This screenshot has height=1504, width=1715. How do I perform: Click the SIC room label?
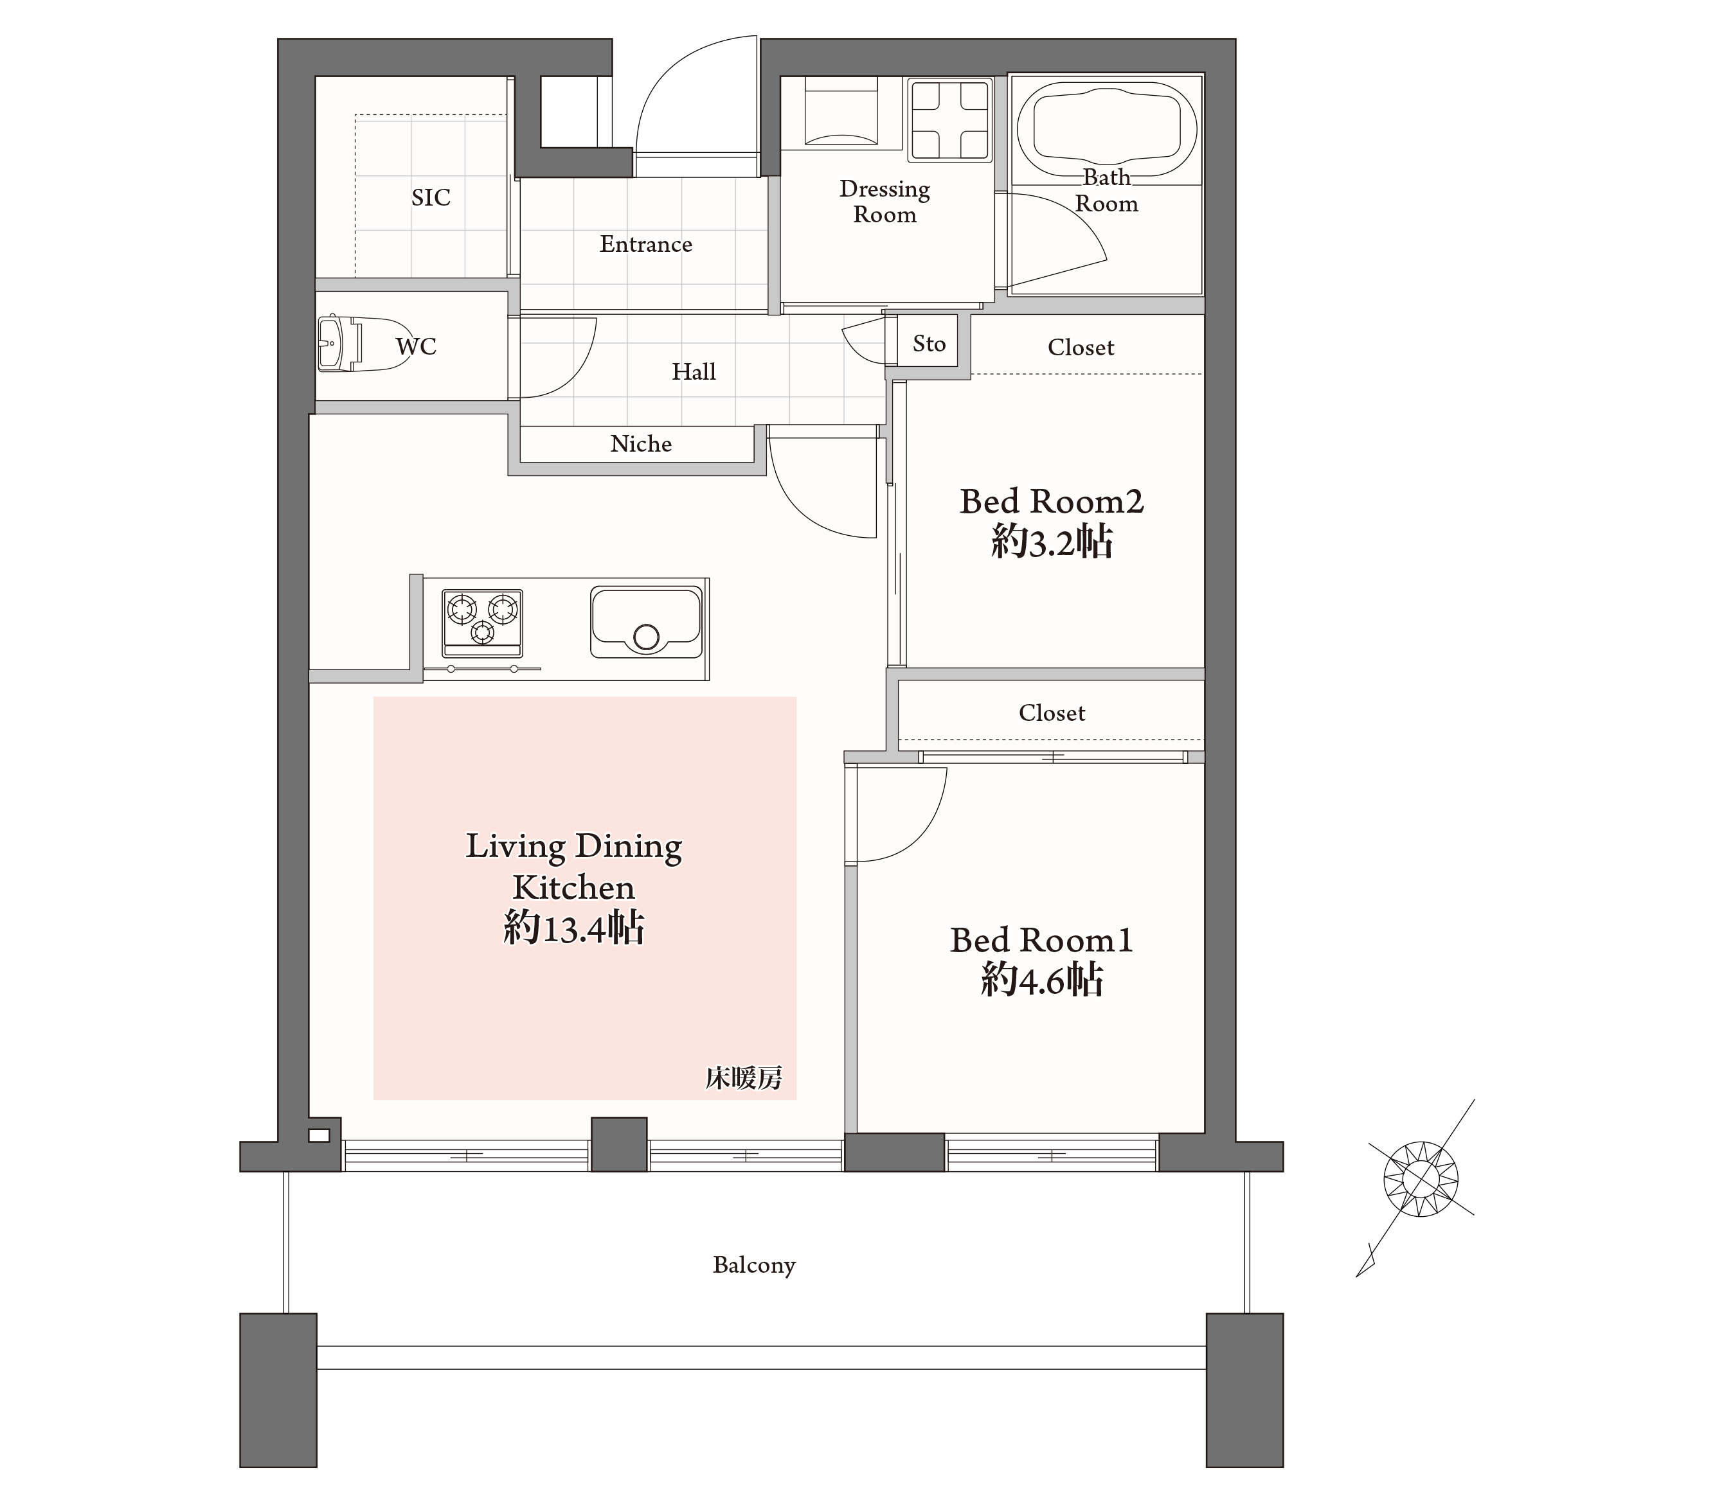[x=431, y=197]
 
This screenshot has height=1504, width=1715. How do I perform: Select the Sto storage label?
[x=929, y=343]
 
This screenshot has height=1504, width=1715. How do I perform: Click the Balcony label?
[x=754, y=1265]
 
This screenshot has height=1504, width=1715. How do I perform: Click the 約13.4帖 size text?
[x=574, y=928]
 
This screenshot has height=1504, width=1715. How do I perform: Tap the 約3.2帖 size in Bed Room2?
[x=1052, y=542]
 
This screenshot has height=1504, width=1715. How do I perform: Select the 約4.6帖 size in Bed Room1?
[x=1042, y=979]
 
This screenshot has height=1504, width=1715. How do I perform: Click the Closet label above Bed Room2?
[x=1081, y=348]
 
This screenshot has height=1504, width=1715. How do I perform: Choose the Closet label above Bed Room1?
[x=1052, y=713]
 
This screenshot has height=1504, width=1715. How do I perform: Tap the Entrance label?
[x=646, y=244]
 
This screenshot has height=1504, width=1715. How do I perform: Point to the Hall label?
[x=694, y=371]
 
